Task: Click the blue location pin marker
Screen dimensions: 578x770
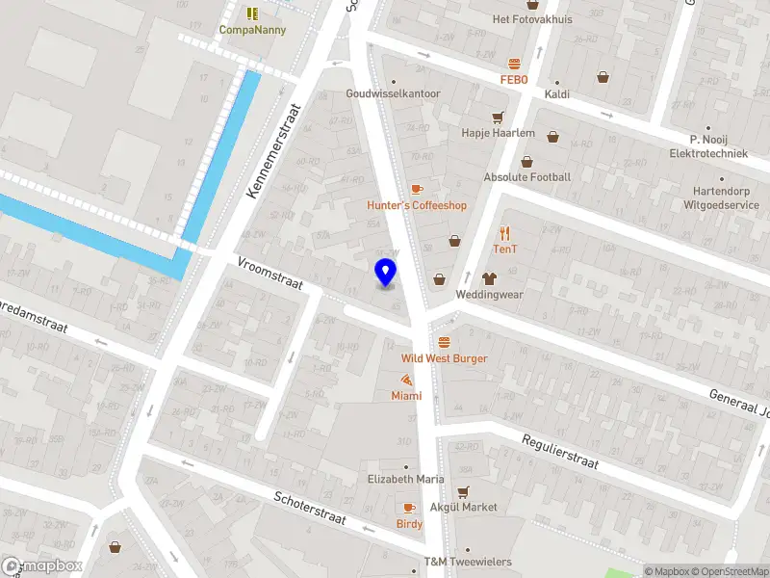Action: (385, 273)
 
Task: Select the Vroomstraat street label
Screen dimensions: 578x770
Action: (270, 273)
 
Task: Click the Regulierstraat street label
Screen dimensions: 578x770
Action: (560, 452)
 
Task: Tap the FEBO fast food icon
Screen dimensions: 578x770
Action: (515, 64)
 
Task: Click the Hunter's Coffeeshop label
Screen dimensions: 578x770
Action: (417, 205)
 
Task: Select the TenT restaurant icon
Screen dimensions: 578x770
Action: (505, 232)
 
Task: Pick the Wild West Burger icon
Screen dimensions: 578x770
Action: (444, 342)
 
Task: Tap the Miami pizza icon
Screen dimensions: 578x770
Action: (406, 380)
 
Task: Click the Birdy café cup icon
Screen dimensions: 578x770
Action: (409, 508)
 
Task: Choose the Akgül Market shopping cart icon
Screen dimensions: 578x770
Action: (463, 491)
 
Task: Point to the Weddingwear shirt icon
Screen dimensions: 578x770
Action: (489, 278)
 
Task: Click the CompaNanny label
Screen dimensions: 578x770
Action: (253, 30)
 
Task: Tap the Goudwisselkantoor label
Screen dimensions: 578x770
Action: (394, 94)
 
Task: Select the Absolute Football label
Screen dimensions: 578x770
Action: (527, 177)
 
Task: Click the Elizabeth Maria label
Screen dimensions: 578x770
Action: (404, 479)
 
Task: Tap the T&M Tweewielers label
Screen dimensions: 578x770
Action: (468, 562)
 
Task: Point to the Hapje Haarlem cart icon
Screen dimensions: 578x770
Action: (498, 118)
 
